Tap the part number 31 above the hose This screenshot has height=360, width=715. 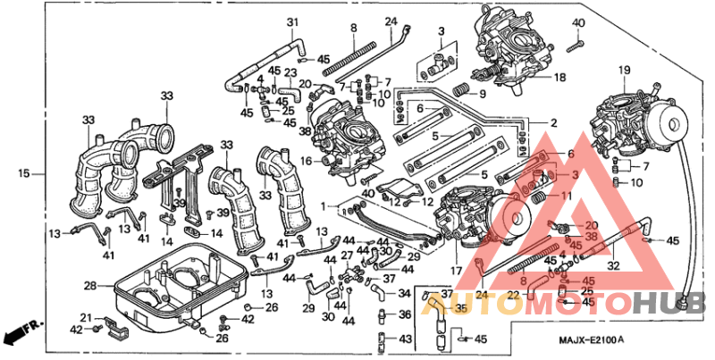point(291,22)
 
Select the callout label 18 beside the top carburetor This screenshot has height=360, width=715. point(559,78)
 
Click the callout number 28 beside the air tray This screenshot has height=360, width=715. point(89,286)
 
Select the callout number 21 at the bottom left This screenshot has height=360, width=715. point(86,317)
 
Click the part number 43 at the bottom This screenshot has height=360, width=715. point(405,339)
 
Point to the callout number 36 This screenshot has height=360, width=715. point(405,314)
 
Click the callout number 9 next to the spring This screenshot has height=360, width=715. point(481,93)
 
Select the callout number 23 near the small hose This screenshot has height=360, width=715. point(290,73)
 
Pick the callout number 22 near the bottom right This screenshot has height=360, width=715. point(514,294)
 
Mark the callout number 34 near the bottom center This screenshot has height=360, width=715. point(404,293)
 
